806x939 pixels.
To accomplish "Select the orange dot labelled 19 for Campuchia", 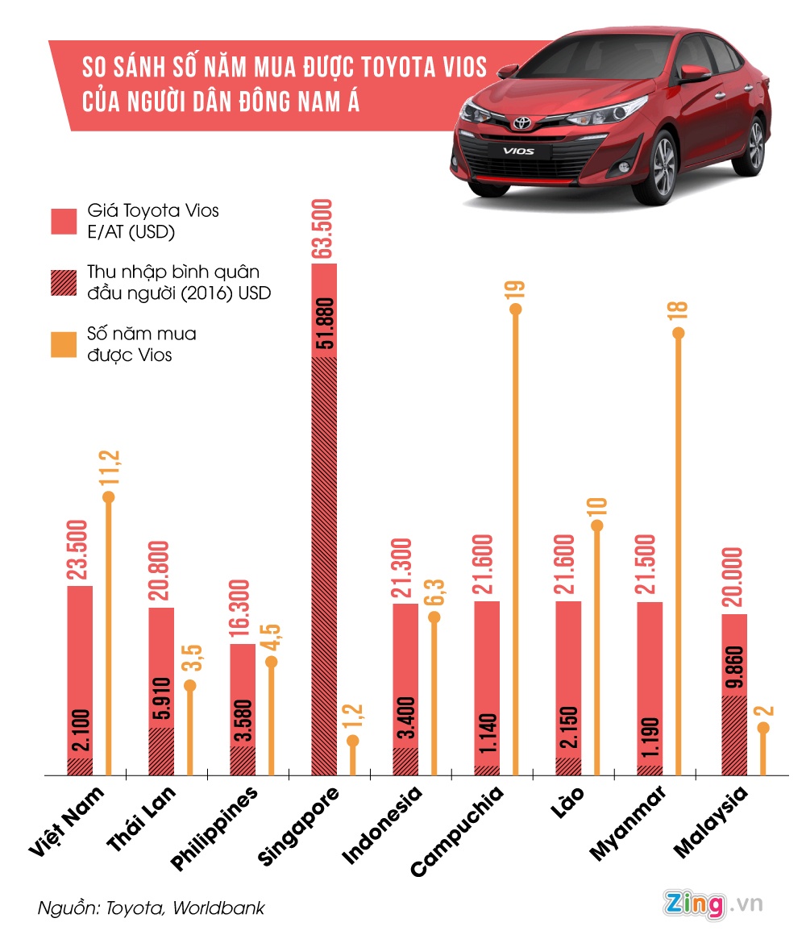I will coord(516,309).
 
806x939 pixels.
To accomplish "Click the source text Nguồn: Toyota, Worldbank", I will coord(151,908).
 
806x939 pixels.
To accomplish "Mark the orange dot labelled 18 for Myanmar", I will coord(679,333).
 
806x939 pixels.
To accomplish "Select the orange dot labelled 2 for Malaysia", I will coord(762,728).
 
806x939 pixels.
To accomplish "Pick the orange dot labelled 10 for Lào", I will coord(597,526).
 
